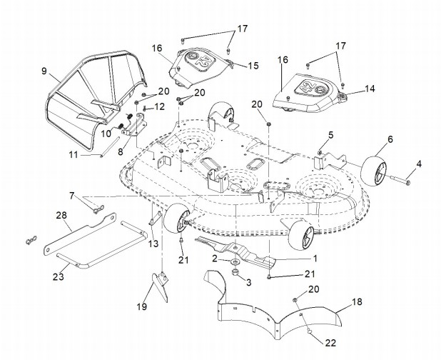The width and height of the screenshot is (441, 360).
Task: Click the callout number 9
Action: point(44,71)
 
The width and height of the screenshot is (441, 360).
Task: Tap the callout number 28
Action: point(61,216)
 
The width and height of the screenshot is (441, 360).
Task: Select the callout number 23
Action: point(59,276)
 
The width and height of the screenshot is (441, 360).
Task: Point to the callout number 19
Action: point(142,306)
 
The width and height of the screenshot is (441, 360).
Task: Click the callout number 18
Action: point(358,301)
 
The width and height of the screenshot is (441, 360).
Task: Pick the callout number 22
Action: point(331,343)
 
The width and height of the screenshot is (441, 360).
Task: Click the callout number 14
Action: point(370,89)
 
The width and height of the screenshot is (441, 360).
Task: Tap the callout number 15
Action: point(253,65)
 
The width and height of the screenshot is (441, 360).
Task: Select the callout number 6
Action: point(390,139)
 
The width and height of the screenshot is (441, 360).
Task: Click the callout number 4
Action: point(419,164)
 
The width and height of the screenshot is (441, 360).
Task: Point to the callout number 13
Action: point(153,244)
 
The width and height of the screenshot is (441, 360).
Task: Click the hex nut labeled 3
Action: point(235,273)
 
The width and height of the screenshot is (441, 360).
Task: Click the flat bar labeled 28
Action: point(80,234)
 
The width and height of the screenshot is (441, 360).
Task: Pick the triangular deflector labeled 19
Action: point(161,286)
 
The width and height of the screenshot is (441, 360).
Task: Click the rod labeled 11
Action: point(110,146)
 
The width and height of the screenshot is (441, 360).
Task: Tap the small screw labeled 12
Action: point(145,109)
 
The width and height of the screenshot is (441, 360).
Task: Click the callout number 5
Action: point(331,135)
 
